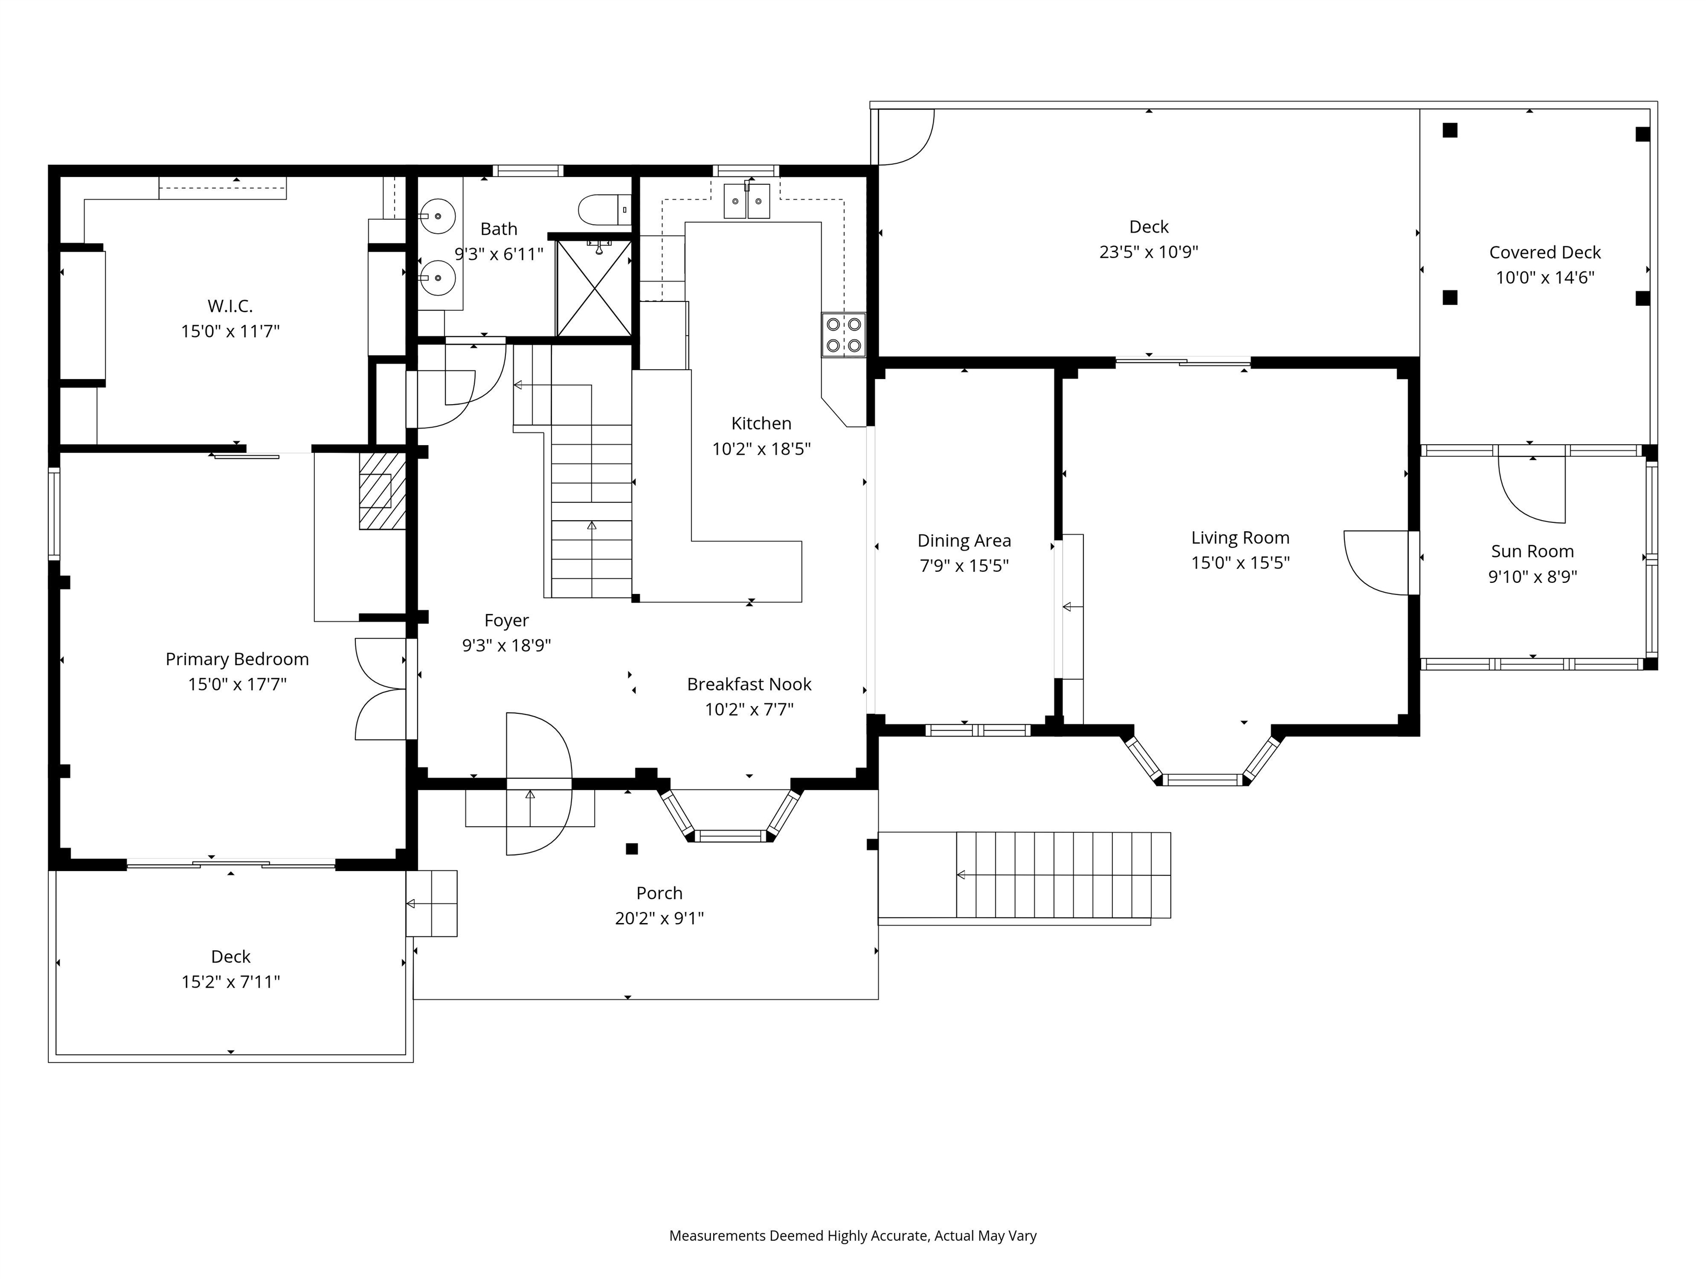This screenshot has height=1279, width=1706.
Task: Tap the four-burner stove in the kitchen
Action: [843, 335]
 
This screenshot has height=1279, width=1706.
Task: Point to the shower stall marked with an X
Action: [593, 288]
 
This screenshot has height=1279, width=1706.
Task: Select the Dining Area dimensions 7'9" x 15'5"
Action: [964, 566]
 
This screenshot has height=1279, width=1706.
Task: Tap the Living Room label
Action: [1240, 538]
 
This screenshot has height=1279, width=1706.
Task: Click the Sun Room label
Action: [1532, 551]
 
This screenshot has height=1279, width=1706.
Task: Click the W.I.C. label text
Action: [230, 306]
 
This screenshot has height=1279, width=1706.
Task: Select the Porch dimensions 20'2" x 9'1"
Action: [659, 918]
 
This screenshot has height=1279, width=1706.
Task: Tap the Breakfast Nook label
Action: [749, 684]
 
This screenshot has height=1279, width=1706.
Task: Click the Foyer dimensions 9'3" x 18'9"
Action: [506, 645]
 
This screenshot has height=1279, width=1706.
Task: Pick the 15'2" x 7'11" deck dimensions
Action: [230, 981]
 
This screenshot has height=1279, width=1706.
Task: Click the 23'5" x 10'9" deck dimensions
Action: [1148, 252]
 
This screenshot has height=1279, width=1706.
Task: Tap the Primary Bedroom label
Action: [237, 659]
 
